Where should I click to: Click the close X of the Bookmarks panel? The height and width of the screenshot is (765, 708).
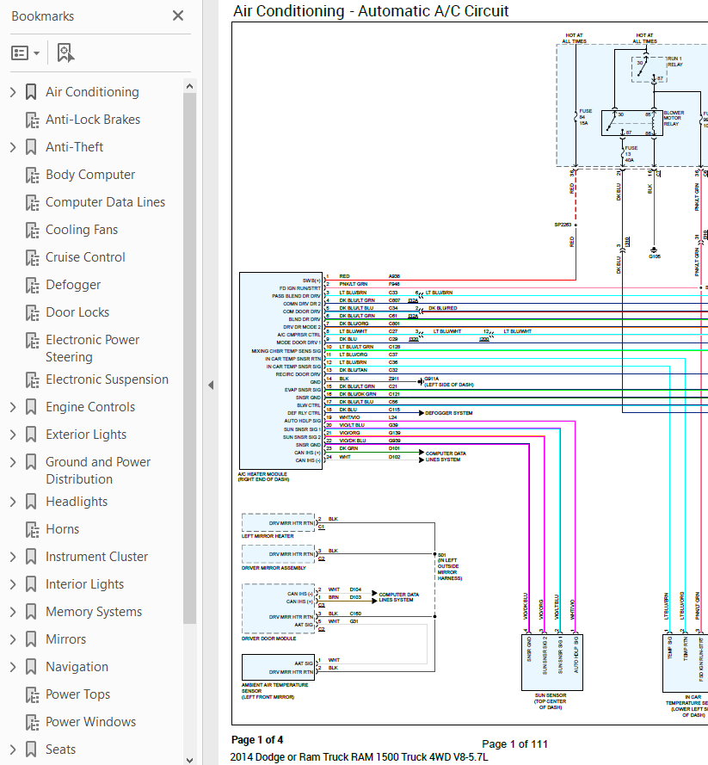(178, 15)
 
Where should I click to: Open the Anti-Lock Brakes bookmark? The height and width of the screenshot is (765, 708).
(92, 120)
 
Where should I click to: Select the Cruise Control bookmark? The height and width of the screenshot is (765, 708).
(85, 257)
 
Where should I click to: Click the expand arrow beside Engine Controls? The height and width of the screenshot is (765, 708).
(12, 407)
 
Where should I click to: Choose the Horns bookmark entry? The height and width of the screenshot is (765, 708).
(62, 529)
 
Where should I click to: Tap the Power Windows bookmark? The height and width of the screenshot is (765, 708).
(90, 722)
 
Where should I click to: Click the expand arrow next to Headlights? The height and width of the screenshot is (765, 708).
(12, 502)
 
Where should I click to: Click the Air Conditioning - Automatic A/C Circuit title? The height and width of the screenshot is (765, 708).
(371, 11)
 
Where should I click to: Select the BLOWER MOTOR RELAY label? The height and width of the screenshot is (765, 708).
(673, 118)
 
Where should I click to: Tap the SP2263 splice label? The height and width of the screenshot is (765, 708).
(562, 225)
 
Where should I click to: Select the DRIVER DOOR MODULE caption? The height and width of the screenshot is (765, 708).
(268, 639)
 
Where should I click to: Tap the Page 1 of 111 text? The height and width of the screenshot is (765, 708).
(514, 743)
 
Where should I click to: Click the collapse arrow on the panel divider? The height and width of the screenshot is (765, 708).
(211, 385)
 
